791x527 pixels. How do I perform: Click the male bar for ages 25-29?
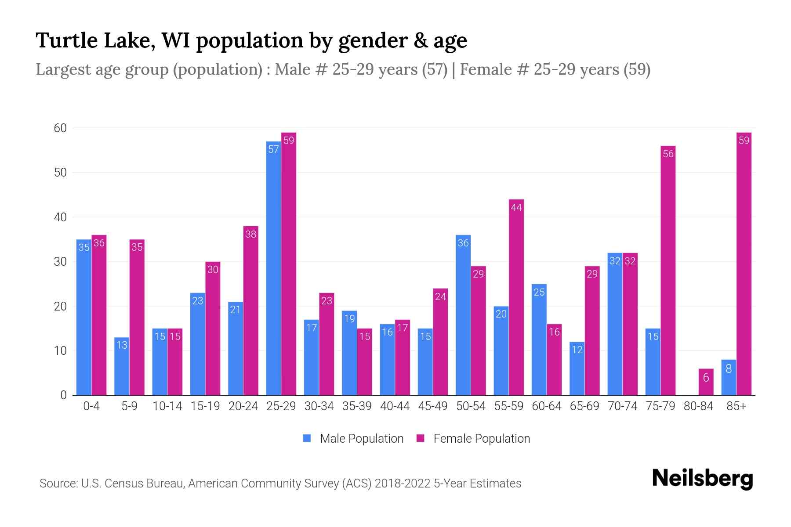click(273, 268)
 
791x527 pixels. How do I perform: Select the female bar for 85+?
click(744, 263)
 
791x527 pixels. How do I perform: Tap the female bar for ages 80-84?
click(706, 382)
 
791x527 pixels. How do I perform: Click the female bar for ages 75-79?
click(668, 270)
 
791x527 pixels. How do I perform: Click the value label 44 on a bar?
click(516, 207)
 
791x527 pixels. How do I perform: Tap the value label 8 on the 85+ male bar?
click(729, 369)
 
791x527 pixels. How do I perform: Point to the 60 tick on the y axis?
click(60, 128)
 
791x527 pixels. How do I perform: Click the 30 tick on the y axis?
click(60, 262)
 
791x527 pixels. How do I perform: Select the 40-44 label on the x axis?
click(395, 406)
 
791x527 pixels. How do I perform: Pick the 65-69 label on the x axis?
click(584, 406)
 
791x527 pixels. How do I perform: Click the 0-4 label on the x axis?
click(91, 406)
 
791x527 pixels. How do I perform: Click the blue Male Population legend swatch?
click(307, 438)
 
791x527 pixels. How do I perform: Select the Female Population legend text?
click(482, 438)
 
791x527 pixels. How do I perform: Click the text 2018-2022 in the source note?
click(402, 484)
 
